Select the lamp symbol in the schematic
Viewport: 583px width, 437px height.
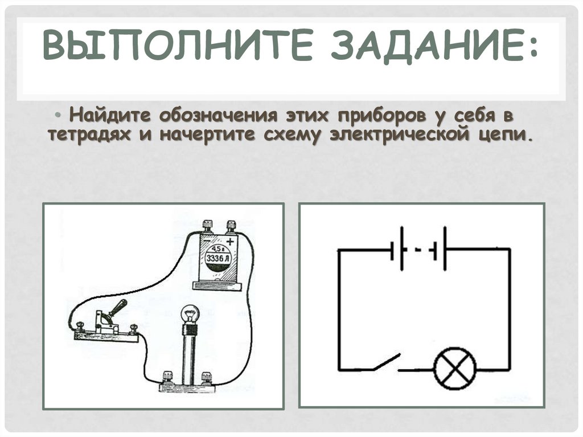[455, 369]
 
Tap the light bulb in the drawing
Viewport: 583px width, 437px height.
[189, 316]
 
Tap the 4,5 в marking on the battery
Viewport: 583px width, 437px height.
[217, 249]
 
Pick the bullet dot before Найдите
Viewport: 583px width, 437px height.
[60, 116]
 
